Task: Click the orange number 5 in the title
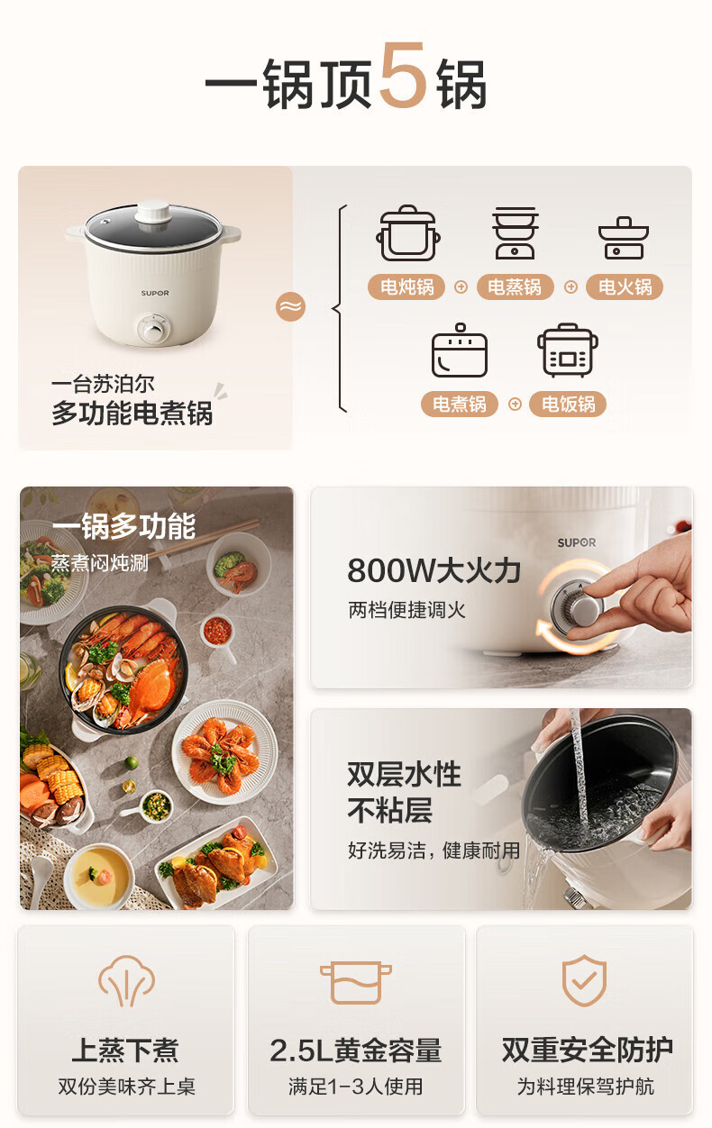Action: (402, 75)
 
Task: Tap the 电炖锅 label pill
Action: (406, 287)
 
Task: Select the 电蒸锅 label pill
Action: (515, 287)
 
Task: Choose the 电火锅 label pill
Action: (625, 287)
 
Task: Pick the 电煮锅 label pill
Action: (460, 404)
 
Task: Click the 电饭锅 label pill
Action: (568, 404)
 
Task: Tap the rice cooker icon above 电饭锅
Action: (568, 350)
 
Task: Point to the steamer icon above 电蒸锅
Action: (515, 232)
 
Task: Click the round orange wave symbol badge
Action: (291, 306)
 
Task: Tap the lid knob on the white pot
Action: (153, 212)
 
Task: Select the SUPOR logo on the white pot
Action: (155, 293)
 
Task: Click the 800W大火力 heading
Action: (434, 570)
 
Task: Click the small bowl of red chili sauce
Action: (218, 630)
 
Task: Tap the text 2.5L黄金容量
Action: (356, 1051)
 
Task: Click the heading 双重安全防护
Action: (587, 1050)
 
